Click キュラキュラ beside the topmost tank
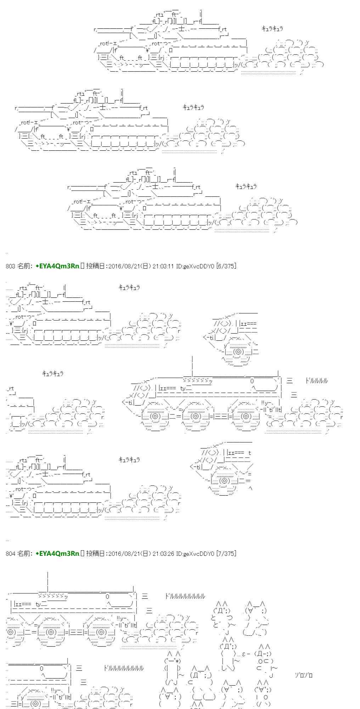pyautogui.click(x=272, y=29)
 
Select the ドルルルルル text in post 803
pyautogui.click(x=316, y=381)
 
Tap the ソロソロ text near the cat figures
pyautogui.click(x=304, y=675)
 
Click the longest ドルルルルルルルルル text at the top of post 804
pyautogui.click(x=185, y=597)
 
